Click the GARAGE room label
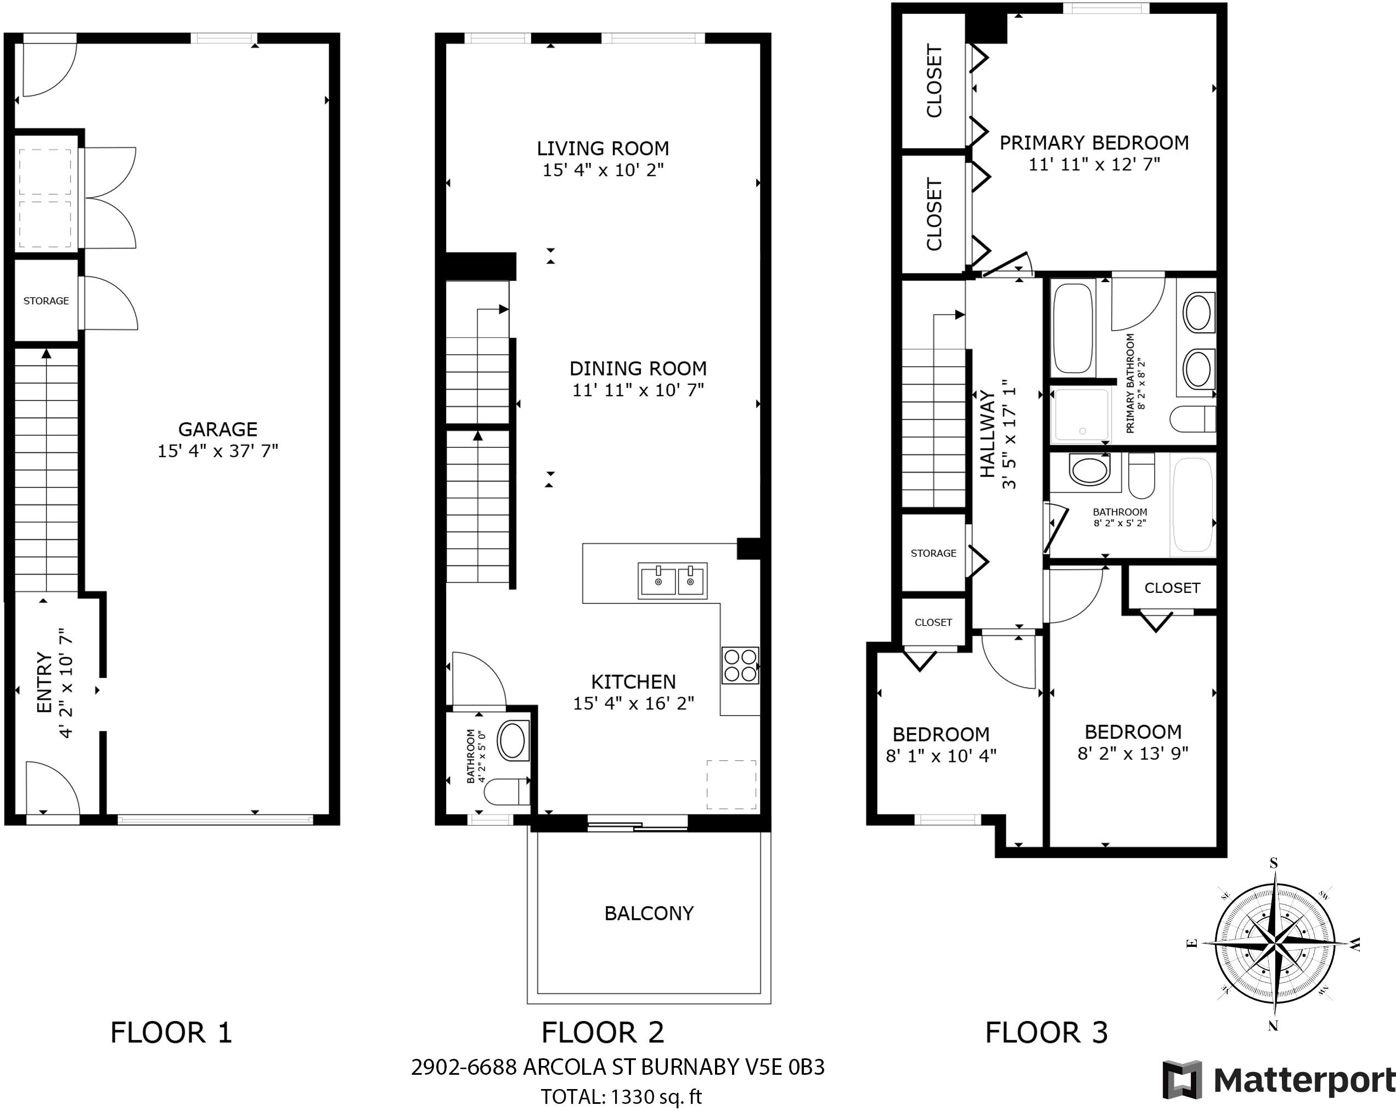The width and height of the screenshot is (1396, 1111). (217, 429)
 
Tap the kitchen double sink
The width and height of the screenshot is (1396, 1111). (672, 580)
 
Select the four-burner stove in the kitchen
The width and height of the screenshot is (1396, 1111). (741, 665)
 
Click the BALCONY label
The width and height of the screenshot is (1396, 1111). (649, 913)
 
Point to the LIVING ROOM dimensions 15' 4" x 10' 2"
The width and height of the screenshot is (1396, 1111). (603, 170)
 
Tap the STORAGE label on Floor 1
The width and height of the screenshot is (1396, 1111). (46, 301)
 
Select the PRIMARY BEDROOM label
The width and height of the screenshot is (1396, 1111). (1094, 143)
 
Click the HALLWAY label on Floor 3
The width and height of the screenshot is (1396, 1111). (987, 434)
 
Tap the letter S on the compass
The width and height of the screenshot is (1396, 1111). (1274, 863)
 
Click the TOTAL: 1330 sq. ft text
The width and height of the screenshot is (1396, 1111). (621, 1097)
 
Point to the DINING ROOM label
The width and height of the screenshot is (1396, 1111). (638, 369)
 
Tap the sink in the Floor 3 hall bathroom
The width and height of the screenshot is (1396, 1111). (1089, 469)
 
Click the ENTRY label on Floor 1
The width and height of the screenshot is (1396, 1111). (44, 683)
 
